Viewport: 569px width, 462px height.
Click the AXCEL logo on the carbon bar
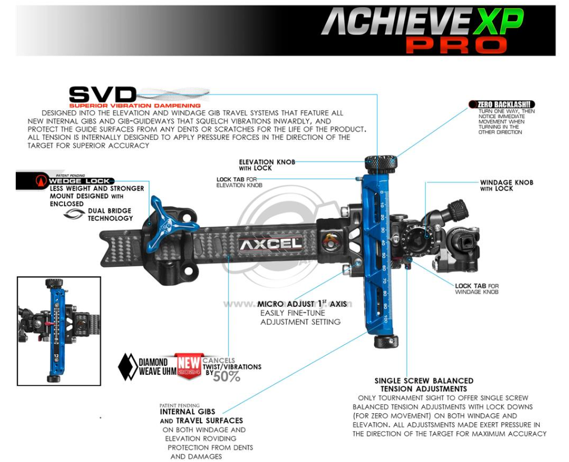pyautogui.click(x=270, y=244)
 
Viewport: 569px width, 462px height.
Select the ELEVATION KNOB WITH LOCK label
pyautogui.click(x=266, y=165)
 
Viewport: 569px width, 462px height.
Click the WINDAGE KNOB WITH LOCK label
pyautogui.click(x=506, y=185)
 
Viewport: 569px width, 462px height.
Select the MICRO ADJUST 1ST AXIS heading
pyautogui.click(x=302, y=304)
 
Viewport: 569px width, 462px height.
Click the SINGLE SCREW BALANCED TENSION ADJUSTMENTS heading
pyautogui.click(x=424, y=384)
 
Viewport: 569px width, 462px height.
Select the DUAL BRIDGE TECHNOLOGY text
pyautogui.click(x=110, y=214)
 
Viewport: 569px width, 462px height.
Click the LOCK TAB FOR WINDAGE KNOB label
pyautogui.click(x=476, y=289)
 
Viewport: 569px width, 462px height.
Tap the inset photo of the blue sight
pyautogui.click(x=58, y=330)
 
